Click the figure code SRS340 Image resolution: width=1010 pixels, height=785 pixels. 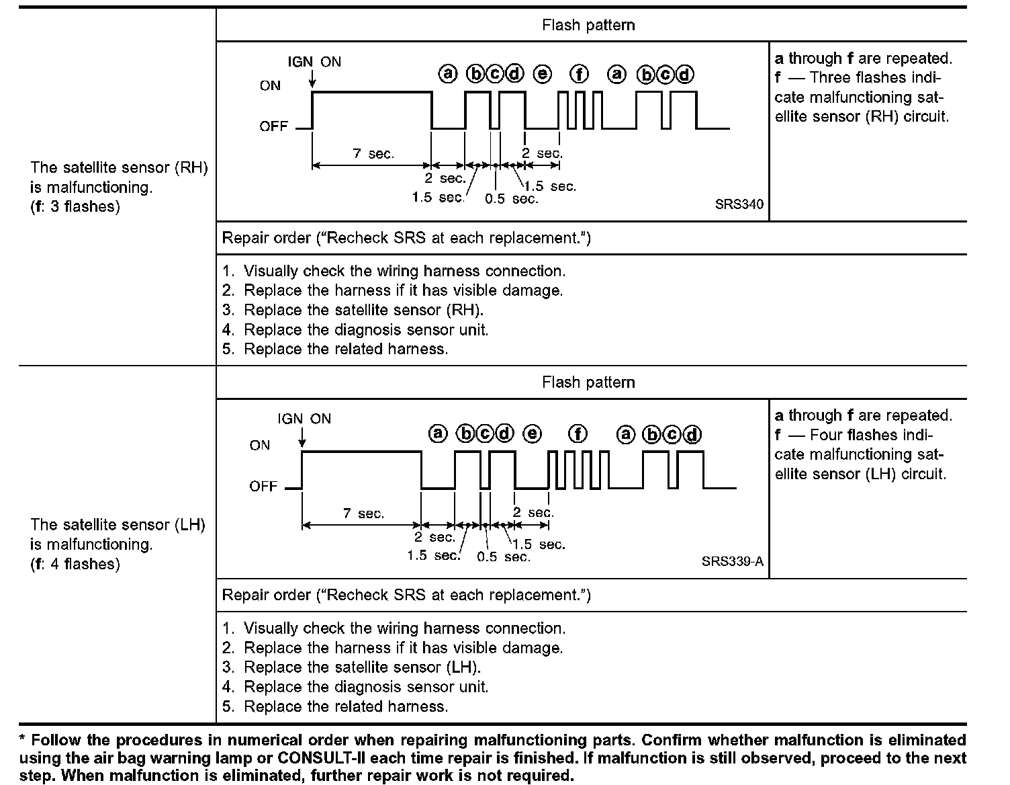point(739,204)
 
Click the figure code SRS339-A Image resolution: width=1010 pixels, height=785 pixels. point(732,561)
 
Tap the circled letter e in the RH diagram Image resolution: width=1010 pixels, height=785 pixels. point(543,74)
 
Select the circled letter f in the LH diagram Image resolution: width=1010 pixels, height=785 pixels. point(578,434)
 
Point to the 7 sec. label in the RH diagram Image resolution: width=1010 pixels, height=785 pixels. point(373,154)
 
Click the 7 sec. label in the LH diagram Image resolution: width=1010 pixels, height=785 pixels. point(363,513)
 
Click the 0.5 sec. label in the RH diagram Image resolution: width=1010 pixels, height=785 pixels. point(512,199)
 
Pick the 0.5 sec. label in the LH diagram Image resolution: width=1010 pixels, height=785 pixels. point(504,557)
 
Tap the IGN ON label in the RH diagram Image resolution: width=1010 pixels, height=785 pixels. point(314,62)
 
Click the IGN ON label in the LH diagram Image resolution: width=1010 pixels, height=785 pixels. point(304,419)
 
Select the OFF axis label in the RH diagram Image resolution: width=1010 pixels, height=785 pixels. point(273,126)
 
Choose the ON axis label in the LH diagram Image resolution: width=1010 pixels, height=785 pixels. point(260,445)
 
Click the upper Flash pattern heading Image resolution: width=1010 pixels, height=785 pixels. point(588,26)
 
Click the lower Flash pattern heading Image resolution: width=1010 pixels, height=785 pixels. point(588,382)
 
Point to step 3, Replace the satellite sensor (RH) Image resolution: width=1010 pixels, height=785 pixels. point(363,310)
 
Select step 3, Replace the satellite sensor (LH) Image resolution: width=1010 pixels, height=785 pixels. point(362,667)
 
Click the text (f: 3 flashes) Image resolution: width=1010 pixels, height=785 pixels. point(75,206)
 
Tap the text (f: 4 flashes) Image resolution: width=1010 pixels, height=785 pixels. point(75,564)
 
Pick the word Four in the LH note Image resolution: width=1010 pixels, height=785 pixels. point(826,435)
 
